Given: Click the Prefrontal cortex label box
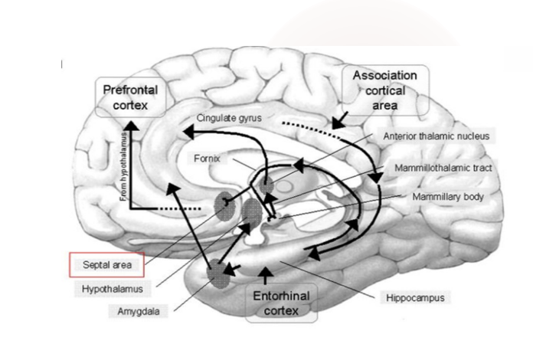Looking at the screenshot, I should click(x=131, y=97).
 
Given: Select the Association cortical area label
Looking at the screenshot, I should click(x=385, y=90).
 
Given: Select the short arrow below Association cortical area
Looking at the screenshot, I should click(x=338, y=118).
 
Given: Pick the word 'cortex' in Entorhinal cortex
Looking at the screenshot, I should click(x=281, y=311).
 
